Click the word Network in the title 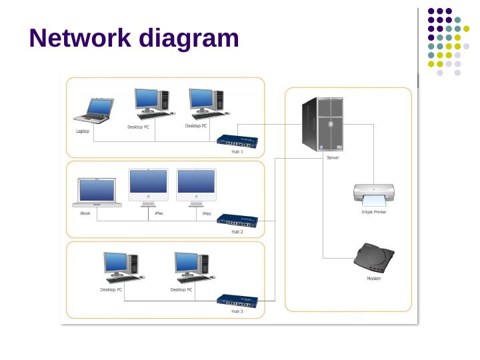[x=81, y=38]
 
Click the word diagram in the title [x=189, y=39]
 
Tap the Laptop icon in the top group [x=93, y=111]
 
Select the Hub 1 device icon [x=237, y=141]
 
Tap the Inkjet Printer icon [x=374, y=195]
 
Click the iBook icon [x=97, y=193]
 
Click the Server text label [x=333, y=158]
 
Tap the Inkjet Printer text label [x=374, y=212]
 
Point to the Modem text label [x=374, y=278]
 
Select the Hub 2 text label [x=237, y=232]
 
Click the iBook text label [x=85, y=213]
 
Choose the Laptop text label [x=83, y=131]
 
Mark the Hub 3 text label [x=237, y=311]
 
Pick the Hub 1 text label [x=237, y=152]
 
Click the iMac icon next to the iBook [x=148, y=187]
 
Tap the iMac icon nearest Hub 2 [x=196, y=187]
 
